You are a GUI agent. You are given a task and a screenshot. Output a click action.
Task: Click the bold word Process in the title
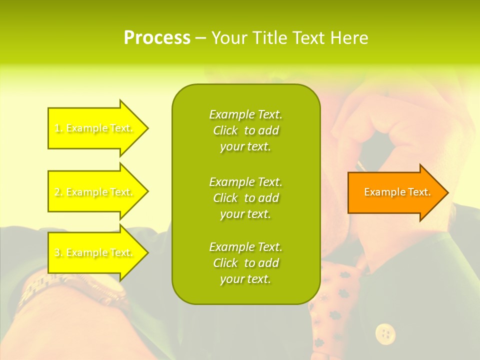157,38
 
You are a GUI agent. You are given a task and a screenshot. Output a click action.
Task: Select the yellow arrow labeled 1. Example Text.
95,128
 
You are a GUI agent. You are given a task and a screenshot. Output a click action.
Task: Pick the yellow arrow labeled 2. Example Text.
95,192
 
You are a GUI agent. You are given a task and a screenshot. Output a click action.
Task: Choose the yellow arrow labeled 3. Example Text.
95,252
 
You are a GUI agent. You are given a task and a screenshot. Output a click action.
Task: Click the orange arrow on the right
395,192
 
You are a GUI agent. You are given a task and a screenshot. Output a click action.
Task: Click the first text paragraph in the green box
245,130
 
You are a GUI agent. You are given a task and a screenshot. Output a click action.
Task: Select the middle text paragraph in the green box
245,198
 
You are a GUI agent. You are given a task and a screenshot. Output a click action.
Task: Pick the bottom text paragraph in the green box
245,263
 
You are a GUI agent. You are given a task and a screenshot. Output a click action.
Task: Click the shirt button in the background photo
385,333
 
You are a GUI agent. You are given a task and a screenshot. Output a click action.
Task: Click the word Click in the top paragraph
225,130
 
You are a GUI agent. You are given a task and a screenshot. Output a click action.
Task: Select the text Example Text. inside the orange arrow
397,192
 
